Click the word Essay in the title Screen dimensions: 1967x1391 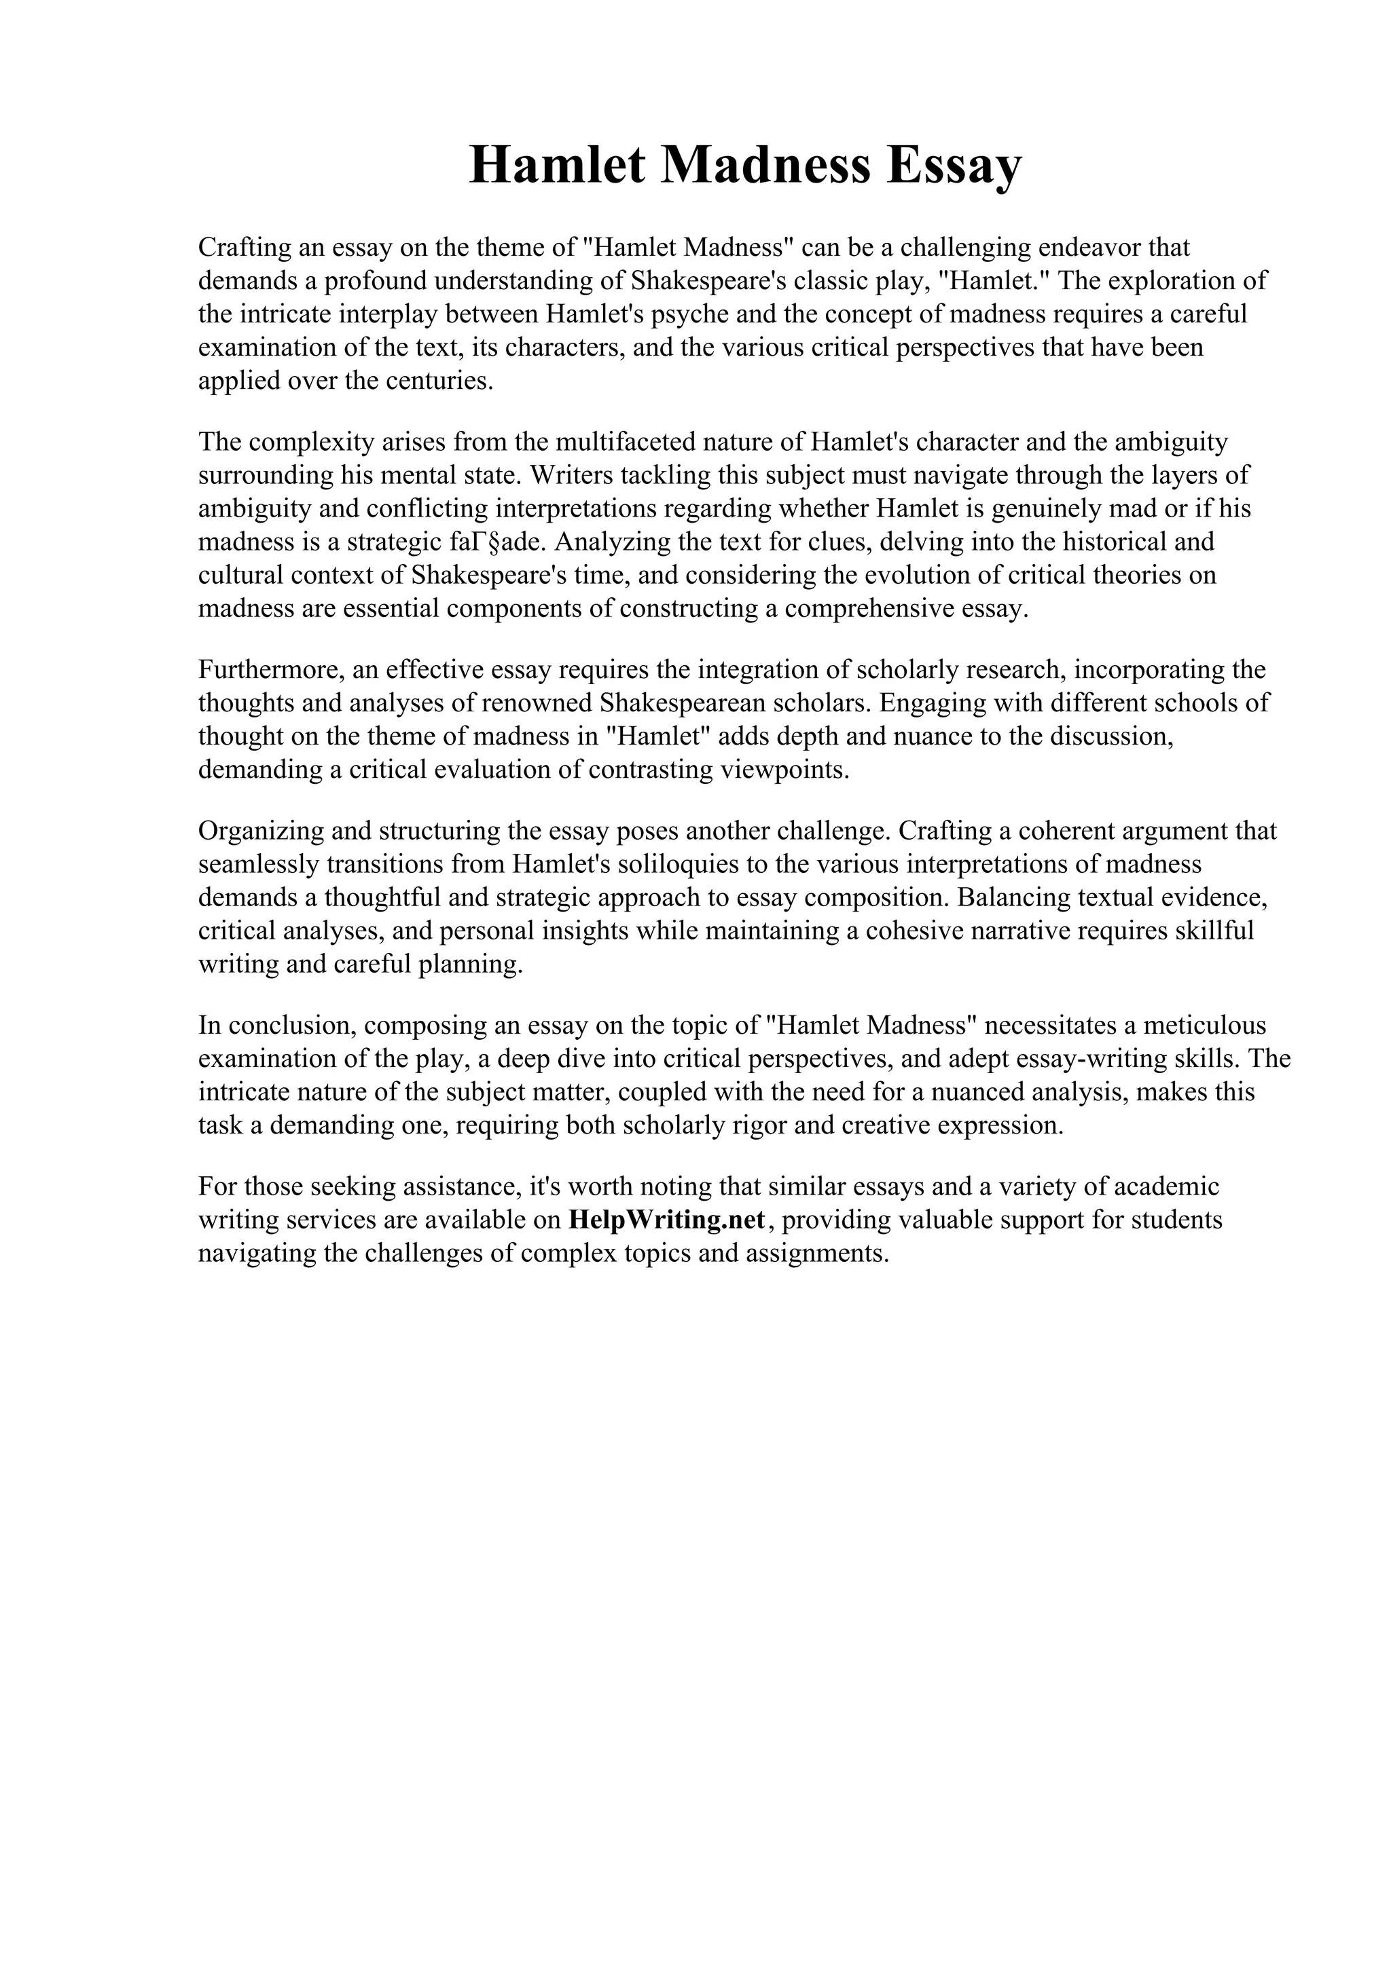click(954, 166)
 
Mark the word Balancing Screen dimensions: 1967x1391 click(1013, 898)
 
